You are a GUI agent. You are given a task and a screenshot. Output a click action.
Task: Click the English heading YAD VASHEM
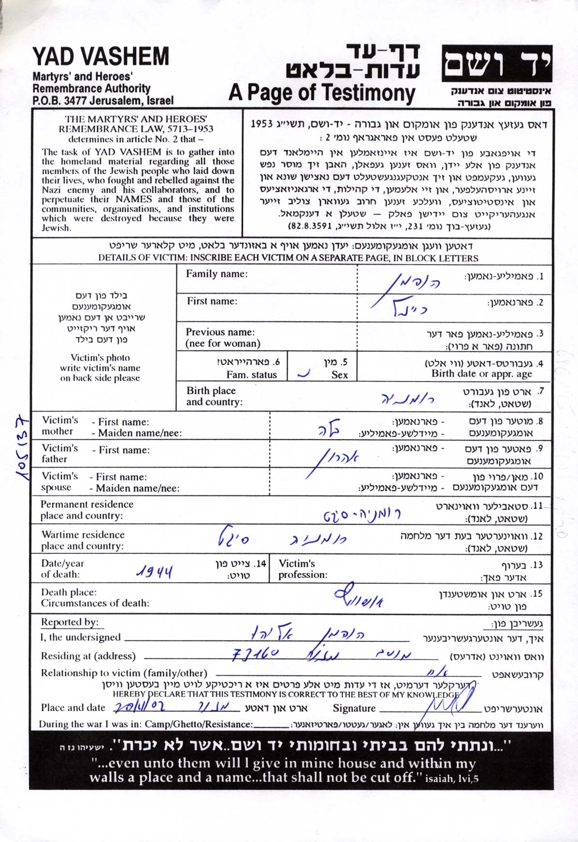(x=101, y=57)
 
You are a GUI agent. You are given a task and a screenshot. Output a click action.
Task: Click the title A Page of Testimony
(x=322, y=92)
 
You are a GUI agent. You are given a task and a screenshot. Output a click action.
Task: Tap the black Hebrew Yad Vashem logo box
(x=496, y=64)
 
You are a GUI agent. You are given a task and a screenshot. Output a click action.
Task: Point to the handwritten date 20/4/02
(x=139, y=707)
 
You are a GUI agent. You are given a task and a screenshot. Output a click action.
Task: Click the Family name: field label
(x=217, y=274)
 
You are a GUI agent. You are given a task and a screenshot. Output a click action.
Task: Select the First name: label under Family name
(x=212, y=301)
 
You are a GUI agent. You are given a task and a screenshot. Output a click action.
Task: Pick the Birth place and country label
(x=214, y=396)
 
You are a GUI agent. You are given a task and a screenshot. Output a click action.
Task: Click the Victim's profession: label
(x=303, y=569)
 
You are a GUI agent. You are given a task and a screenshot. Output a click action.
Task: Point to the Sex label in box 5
(x=339, y=375)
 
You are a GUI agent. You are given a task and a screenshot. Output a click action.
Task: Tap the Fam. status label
(x=251, y=375)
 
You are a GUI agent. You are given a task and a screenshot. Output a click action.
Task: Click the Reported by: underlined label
(x=70, y=622)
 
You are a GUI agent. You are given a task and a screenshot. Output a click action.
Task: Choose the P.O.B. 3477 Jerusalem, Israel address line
(x=103, y=101)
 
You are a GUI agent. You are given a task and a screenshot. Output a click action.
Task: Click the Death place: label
(x=69, y=592)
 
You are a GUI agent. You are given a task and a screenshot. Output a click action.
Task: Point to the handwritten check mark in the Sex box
(x=303, y=374)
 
